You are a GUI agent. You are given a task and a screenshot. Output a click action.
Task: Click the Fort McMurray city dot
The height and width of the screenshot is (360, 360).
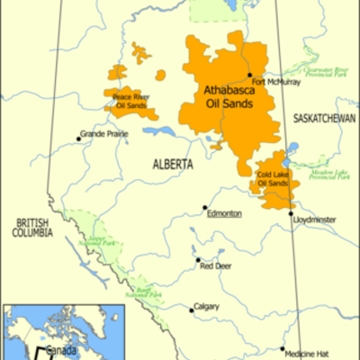pyautogui.click(x=249, y=75)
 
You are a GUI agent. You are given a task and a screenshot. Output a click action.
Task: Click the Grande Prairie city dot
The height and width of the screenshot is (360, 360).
pyautogui.click(x=78, y=139)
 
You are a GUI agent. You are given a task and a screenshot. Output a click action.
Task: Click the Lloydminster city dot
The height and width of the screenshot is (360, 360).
pyautogui.click(x=291, y=214)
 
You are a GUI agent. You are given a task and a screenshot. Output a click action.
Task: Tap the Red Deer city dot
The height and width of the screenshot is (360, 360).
pyautogui.click(x=197, y=261)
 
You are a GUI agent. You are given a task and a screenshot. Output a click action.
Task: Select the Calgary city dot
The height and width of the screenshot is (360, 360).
pyautogui.click(x=192, y=310)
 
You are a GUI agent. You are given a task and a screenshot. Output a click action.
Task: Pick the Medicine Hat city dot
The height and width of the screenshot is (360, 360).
pyautogui.click(x=283, y=350)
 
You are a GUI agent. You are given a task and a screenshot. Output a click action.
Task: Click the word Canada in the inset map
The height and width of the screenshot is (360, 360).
pyautogui.click(x=62, y=347)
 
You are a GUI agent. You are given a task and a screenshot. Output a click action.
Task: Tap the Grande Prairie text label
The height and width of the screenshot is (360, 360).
pyautogui.click(x=104, y=135)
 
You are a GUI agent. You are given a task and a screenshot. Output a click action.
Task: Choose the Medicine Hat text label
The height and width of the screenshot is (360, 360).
pyautogui.click(x=310, y=353)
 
